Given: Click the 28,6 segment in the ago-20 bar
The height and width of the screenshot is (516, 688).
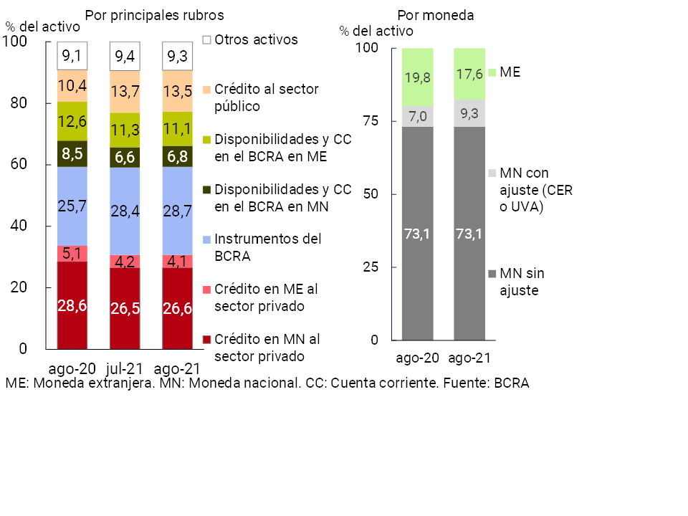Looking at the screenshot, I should pyautogui.click(x=72, y=305).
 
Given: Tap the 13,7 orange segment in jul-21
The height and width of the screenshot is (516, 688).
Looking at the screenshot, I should pyautogui.click(x=125, y=92).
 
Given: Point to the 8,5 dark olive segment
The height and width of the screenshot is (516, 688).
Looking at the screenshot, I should pyautogui.click(x=72, y=153).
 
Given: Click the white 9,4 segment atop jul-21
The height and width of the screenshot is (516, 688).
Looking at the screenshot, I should pyautogui.click(x=125, y=56).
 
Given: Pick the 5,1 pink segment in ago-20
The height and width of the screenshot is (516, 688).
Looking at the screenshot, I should pyautogui.click(x=72, y=254).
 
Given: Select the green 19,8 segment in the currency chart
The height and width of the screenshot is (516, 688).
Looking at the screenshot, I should pyautogui.click(x=417, y=77).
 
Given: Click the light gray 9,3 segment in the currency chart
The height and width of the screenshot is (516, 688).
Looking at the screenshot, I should pyautogui.click(x=469, y=113).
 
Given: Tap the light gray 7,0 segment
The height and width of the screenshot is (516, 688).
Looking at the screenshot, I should pyautogui.click(x=417, y=116).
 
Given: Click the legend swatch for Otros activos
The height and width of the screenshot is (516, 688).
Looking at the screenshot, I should pyautogui.click(x=207, y=40).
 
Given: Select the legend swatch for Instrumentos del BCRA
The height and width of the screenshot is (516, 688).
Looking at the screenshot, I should pyautogui.click(x=207, y=238).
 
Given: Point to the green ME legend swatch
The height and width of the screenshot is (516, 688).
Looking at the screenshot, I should pyautogui.click(x=492, y=72).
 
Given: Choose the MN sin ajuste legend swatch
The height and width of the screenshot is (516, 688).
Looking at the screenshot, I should pyautogui.click(x=492, y=274).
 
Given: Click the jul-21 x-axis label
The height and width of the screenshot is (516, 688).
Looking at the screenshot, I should pyautogui.click(x=125, y=368).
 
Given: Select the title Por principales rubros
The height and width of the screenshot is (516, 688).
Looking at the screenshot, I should pyautogui.click(x=154, y=14).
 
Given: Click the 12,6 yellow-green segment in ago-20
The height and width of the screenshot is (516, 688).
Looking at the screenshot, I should pyautogui.click(x=72, y=121).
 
